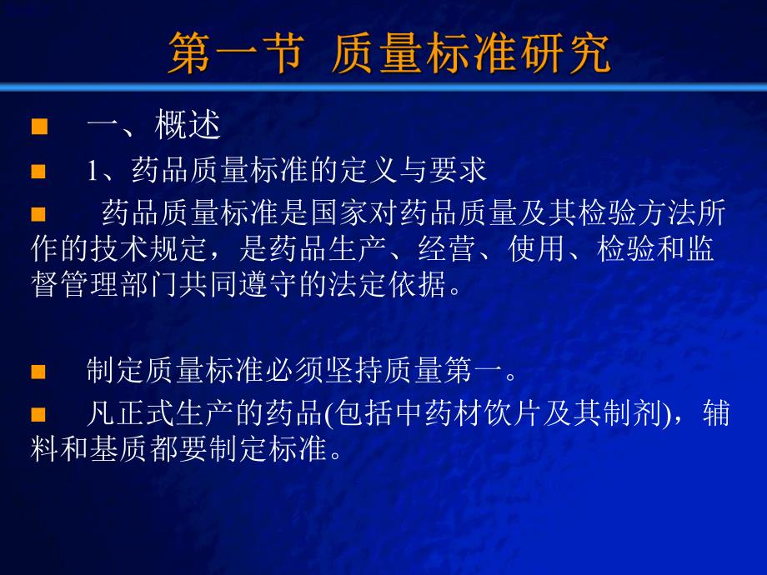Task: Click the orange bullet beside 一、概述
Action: coord(37,127)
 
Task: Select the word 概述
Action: coord(188,127)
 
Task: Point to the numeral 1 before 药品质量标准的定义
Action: coord(93,172)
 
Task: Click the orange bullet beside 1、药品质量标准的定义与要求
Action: coord(37,172)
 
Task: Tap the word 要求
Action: coord(464,171)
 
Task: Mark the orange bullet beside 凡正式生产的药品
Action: coord(37,414)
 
